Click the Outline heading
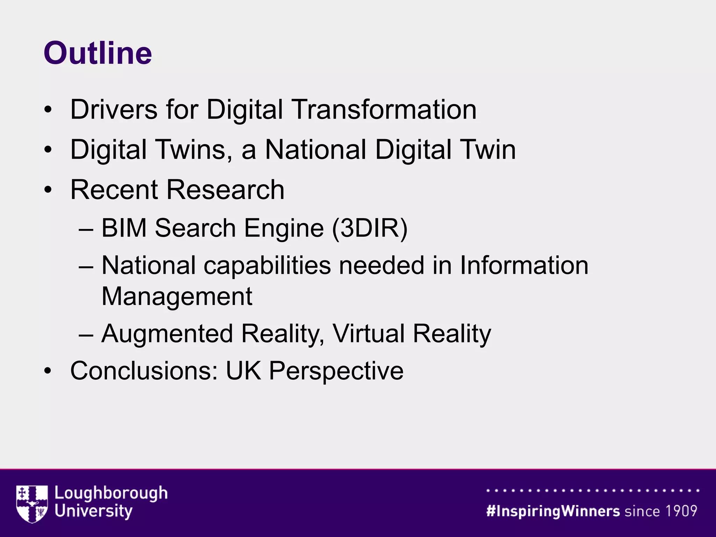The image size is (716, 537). pos(98,53)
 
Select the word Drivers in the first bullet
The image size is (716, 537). pos(114,109)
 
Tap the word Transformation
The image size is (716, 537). pos(385,109)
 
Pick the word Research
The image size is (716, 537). pos(225,190)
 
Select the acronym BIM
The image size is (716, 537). pos(124,228)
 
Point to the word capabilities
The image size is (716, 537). pos(267,266)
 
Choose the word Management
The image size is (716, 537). pos(177,296)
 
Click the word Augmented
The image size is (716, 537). pos(167,334)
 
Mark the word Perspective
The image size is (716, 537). pos(336,371)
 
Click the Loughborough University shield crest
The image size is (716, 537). pos(32,504)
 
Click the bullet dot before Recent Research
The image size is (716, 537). pos(48,190)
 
